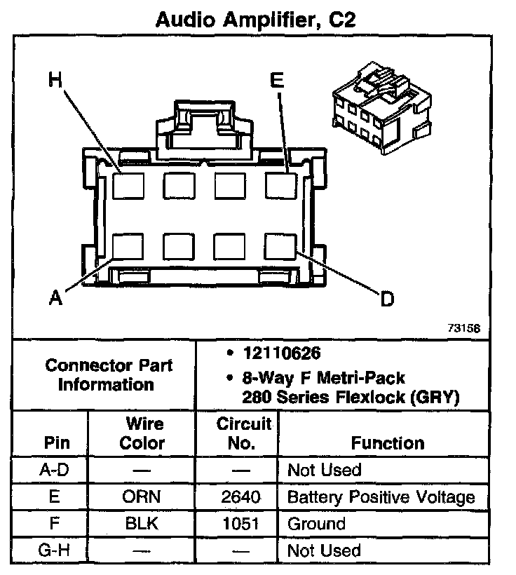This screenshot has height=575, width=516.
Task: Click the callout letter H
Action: click(56, 79)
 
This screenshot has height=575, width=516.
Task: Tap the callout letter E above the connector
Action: click(277, 81)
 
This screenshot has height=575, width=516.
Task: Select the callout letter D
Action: click(387, 299)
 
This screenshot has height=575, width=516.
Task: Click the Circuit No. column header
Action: click(235, 433)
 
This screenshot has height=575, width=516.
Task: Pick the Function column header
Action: click(388, 443)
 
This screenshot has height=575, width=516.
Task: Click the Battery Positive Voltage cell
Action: click(381, 497)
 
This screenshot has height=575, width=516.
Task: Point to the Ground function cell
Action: click(316, 524)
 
